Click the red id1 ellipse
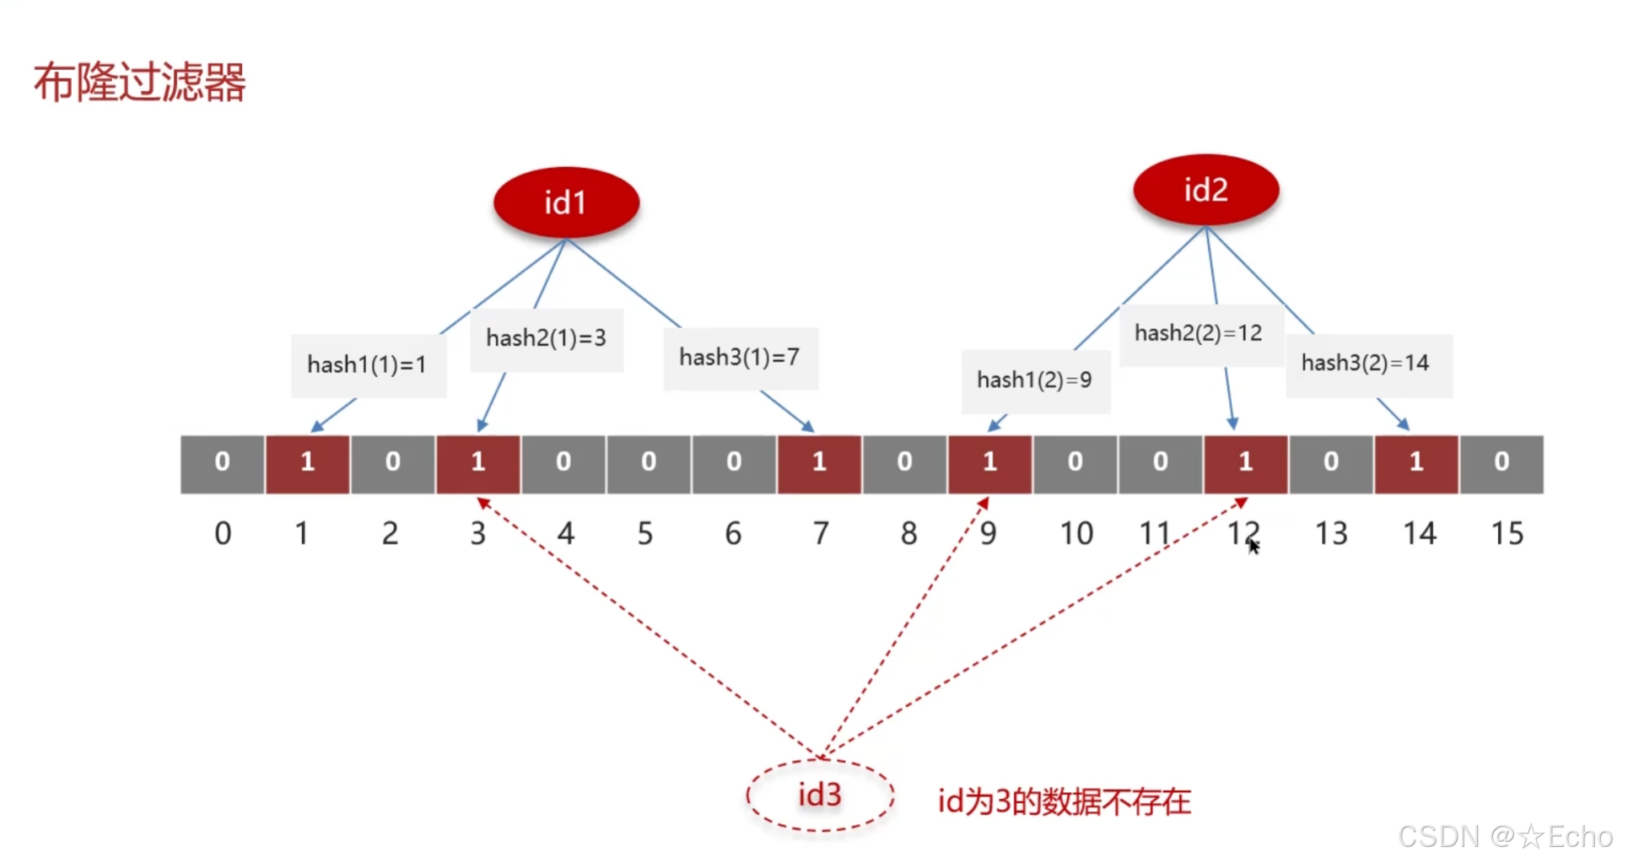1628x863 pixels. click(x=566, y=202)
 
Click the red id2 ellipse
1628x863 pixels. click(x=1205, y=190)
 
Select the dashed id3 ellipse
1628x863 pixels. click(x=820, y=795)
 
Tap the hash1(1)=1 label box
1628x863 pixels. click(x=368, y=364)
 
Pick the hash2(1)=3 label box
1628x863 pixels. click(x=546, y=339)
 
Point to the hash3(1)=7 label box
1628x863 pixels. click(x=740, y=358)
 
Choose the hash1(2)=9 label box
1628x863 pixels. click(x=1035, y=380)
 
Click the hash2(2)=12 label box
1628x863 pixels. click(x=1199, y=334)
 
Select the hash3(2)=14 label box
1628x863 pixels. click(x=1367, y=364)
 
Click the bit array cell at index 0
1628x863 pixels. click(x=223, y=463)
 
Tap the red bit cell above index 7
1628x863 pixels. click(x=819, y=463)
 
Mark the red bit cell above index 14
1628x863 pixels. click(x=1416, y=463)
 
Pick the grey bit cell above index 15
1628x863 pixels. click(x=1501, y=463)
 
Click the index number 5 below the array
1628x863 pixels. click(x=645, y=533)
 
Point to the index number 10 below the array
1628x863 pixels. click(x=1076, y=533)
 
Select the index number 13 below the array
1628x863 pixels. click(x=1332, y=533)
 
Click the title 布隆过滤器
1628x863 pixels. click(x=140, y=83)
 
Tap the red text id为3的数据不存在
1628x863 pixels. click(x=1065, y=801)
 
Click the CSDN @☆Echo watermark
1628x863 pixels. click(x=1506, y=836)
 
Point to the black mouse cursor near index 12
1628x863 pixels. click(x=1254, y=547)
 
